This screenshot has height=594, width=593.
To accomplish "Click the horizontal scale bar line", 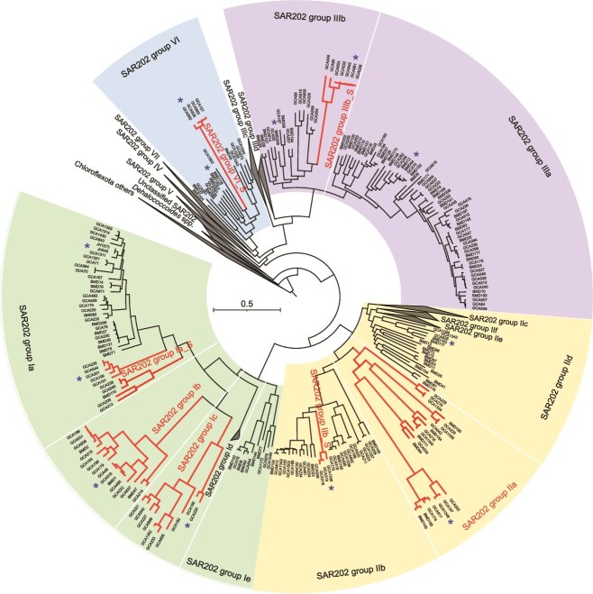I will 247,311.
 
